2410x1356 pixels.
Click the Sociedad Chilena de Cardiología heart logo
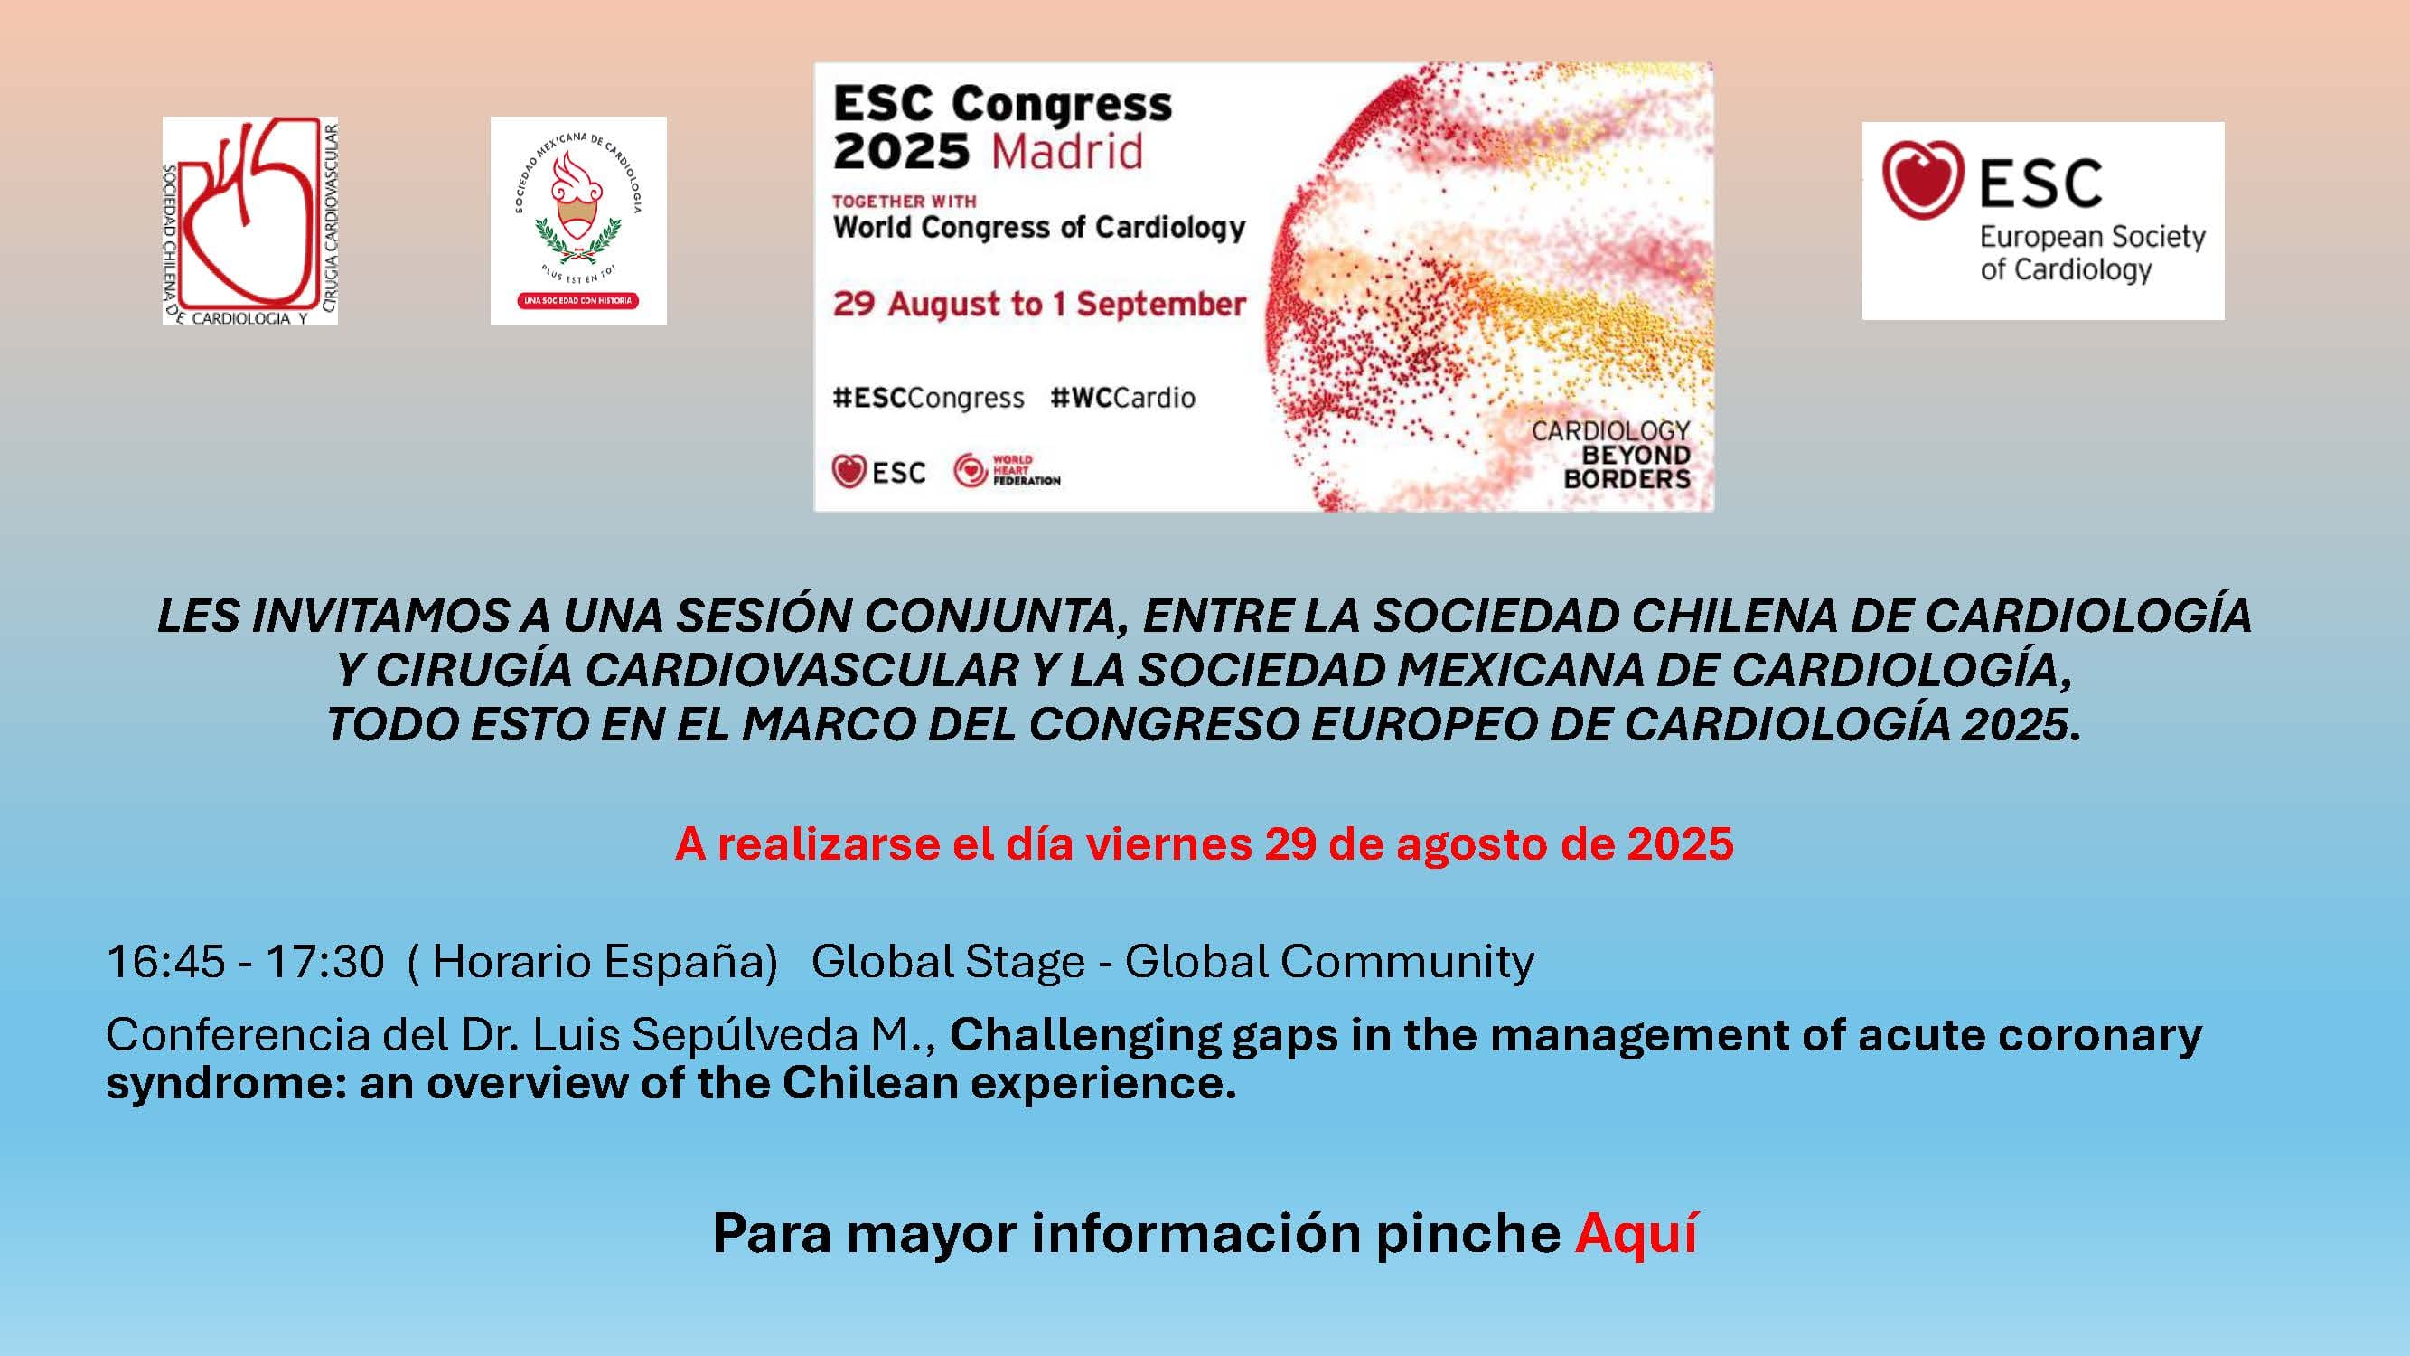pyautogui.click(x=249, y=221)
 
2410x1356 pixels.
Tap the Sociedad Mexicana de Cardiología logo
pyautogui.click(x=578, y=221)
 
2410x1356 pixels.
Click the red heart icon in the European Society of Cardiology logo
pyautogui.click(x=1923, y=180)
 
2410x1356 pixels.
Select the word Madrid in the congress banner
pyautogui.click(x=1066, y=152)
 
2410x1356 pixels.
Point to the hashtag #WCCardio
pyautogui.click(x=1122, y=398)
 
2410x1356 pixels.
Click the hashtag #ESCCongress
pyautogui.click(x=928, y=399)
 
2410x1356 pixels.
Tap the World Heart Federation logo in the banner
pyautogui.click(x=1007, y=470)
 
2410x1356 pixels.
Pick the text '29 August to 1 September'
pyautogui.click(x=1039, y=304)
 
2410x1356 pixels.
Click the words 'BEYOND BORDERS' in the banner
pyautogui.click(x=1627, y=466)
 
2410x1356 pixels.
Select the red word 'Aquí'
pyautogui.click(x=1636, y=1233)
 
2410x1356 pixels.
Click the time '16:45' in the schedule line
pyautogui.click(x=165, y=962)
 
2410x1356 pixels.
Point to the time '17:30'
pyautogui.click(x=324, y=962)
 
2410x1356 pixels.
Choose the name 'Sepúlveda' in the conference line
pyautogui.click(x=745, y=1036)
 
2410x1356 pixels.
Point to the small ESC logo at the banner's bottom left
pyautogui.click(x=878, y=472)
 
